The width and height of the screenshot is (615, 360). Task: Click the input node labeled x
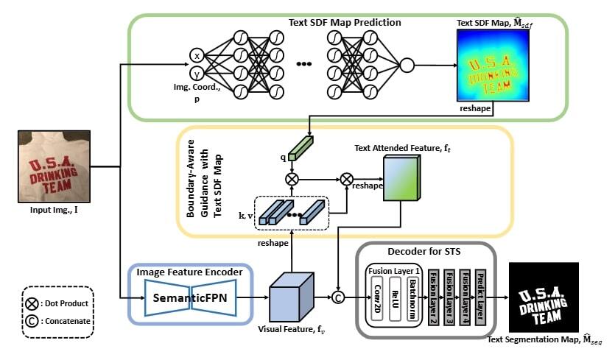pyautogui.click(x=196, y=55)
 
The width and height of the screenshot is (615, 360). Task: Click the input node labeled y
pyautogui.click(x=196, y=74)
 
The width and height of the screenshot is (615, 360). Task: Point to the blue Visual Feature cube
pyautogui.click(x=291, y=297)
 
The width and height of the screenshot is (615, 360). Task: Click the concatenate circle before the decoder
pyautogui.click(x=340, y=298)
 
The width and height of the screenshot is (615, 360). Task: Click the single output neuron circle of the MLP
pyautogui.click(x=407, y=66)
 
